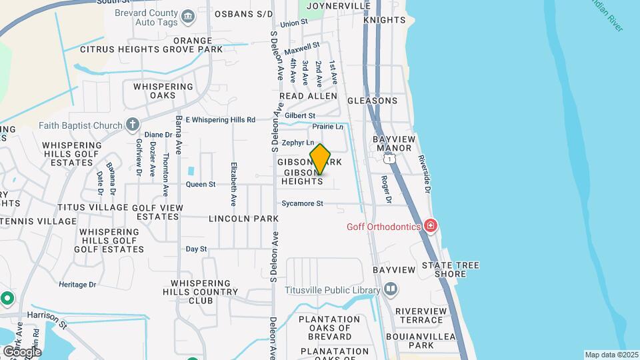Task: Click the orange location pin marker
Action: click(x=320, y=159)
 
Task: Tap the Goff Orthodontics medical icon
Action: click(x=431, y=226)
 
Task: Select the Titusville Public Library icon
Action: click(x=391, y=289)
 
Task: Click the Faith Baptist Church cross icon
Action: click(x=133, y=125)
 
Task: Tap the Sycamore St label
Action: click(x=302, y=203)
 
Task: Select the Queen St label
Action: click(x=201, y=184)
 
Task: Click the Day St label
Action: click(x=196, y=249)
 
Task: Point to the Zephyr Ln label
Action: click(x=297, y=143)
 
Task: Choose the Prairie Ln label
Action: click(x=328, y=126)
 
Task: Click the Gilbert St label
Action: click(x=300, y=115)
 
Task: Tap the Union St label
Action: click(x=294, y=23)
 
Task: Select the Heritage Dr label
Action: click(x=77, y=284)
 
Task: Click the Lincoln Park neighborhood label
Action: click(x=243, y=219)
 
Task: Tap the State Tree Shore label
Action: click(x=450, y=269)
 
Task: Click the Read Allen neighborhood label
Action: click(x=308, y=97)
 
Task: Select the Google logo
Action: click(x=22, y=351)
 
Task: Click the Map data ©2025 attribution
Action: click(x=611, y=355)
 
